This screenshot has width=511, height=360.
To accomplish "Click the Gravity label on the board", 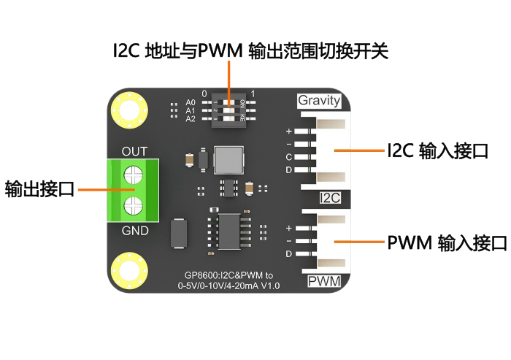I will (319, 100).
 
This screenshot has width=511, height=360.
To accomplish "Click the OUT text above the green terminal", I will (134, 151).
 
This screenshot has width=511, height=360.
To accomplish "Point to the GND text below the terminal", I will (134, 231).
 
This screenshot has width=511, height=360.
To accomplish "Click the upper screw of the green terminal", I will (133, 175).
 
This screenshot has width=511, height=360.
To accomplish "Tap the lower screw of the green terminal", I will (133, 204).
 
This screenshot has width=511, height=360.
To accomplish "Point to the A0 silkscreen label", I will (191, 102).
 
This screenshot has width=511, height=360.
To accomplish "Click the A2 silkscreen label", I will (191, 118).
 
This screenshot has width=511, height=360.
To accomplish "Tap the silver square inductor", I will (228, 158).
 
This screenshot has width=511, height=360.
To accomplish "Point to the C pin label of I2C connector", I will (288, 157).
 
